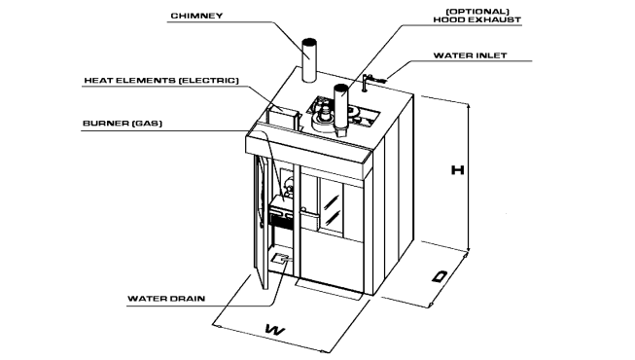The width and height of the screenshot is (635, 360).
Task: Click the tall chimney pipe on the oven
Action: pos(310,64)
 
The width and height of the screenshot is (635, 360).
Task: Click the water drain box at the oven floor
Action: pos(282,259)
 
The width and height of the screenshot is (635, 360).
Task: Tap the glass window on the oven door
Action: pos(334,208)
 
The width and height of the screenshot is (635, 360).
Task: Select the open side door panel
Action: pos(260,219)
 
